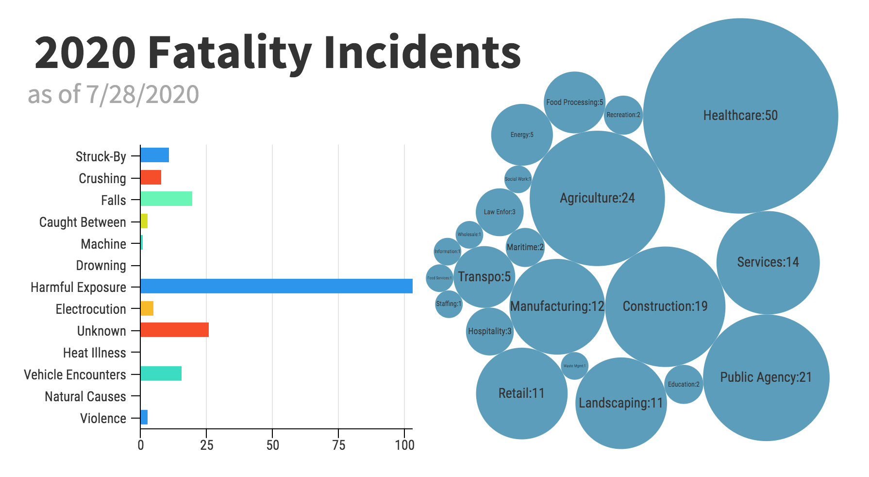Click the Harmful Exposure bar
pyautogui.click(x=276, y=286)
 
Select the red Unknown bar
pyautogui.click(x=174, y=330)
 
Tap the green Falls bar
pyautogui.click(x=166, y=199)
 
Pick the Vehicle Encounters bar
pyautogui.click(x=161, y=374)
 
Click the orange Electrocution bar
pyautogui.click(x=147, y=308)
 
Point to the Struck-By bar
pyautogui.click(x=154, y=155)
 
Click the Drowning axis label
pyautogui.click(x=101, y=266)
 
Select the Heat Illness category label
pyautogui.click(x=95, y=353)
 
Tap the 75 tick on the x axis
pyautogui.click(x=338, y=445)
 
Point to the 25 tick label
pyautogui.click(x=206, y=445)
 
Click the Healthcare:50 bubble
pyautogui.click(x=740, y=116)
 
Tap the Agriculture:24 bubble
pyautogui.click(x=597, y=198)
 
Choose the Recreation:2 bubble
pyautogui.click(x=623, y=115)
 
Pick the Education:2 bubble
pyautogui.click(x=684, y=384)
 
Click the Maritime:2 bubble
pyautogui.click(x=525, y=247)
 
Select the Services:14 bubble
pyautogui.click(x=768, y=262)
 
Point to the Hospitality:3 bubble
pyautogui.click(x=489, y=331)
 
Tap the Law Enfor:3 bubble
pyautogui.click(x=500, y=212)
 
